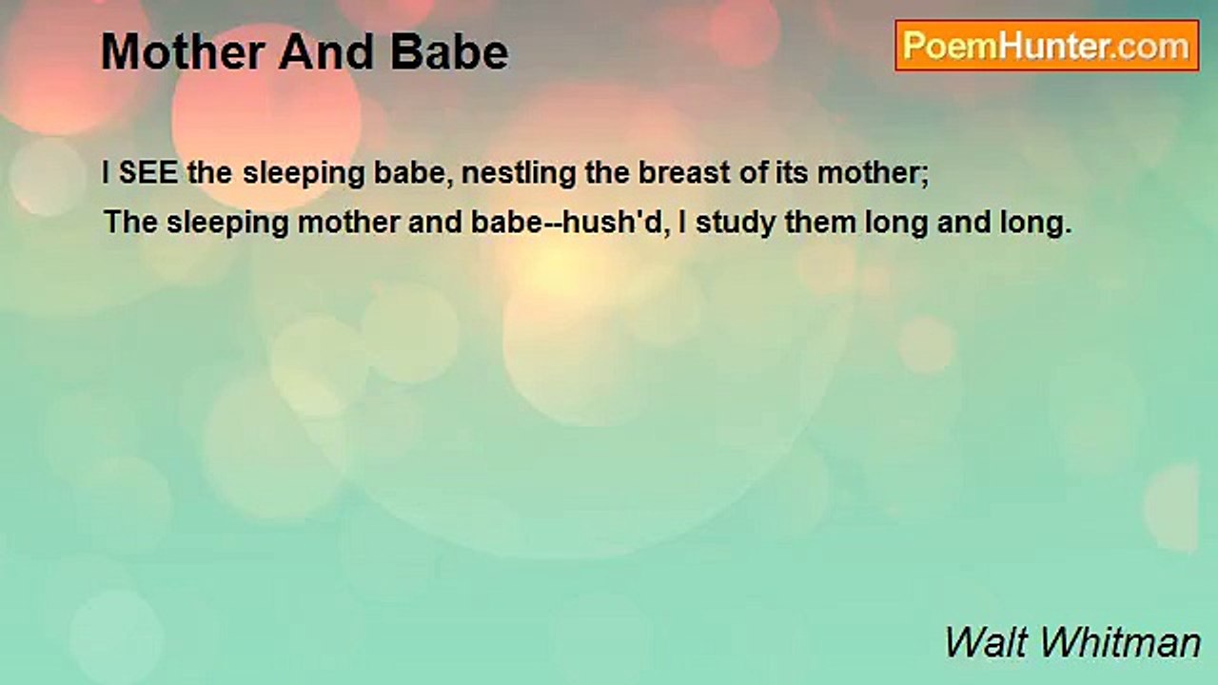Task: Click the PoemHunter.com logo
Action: coord(1047,46)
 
